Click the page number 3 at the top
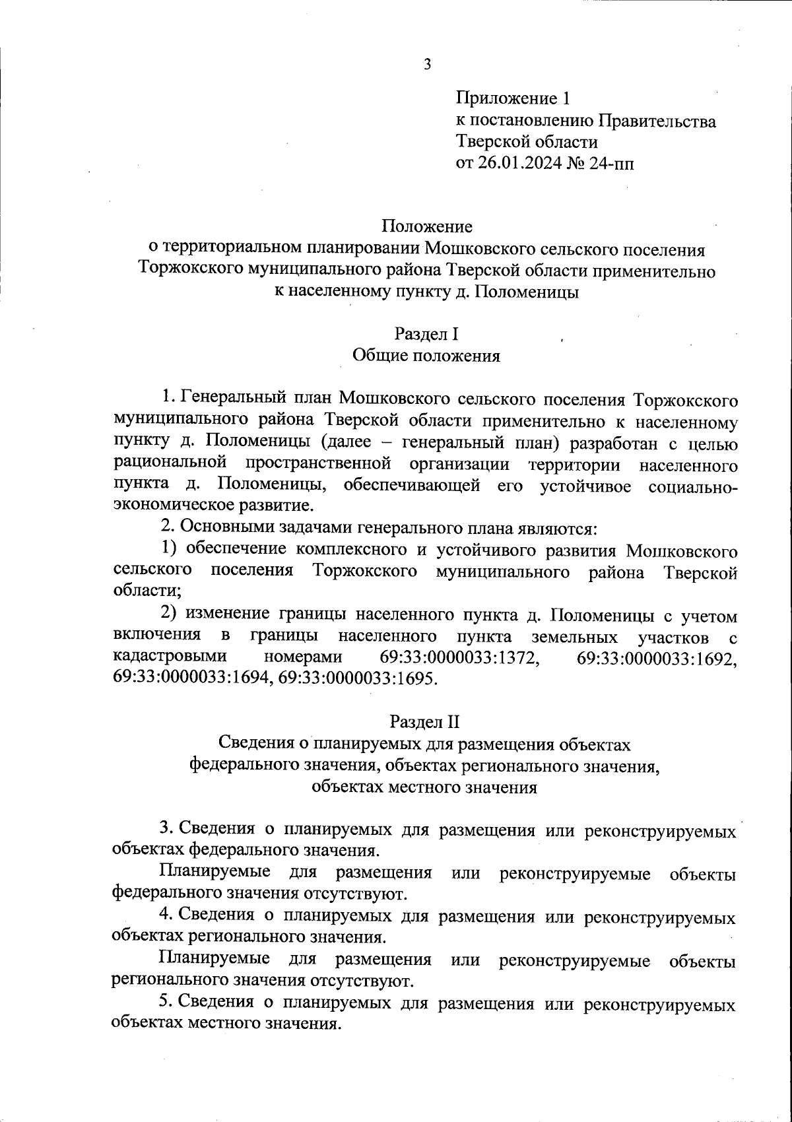(x=427, y=65)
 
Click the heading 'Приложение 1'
(x=512, y=99)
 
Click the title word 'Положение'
(x=427, y=227)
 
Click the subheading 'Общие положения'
(x=426, y=356)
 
